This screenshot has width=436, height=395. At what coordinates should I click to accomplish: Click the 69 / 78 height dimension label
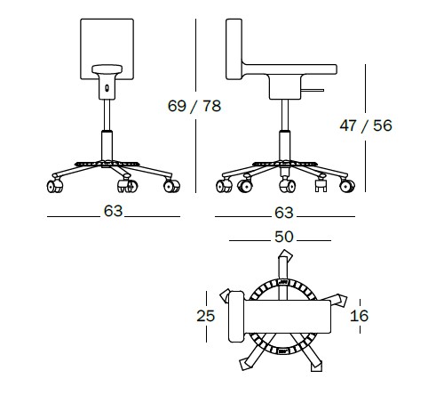point(194,106)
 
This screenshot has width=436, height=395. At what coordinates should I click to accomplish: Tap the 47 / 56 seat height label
point(366,125)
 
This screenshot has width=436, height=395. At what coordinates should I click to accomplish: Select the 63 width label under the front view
point(113,211)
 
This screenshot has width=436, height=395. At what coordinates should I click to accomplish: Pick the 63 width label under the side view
point(284,213)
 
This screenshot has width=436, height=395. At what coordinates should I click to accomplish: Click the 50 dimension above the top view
point(284,237)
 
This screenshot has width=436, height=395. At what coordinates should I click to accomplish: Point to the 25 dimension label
point(206,316)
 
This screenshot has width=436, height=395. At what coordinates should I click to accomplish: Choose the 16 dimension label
point(359,316)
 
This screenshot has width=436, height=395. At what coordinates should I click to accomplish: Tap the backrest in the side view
point(234,49)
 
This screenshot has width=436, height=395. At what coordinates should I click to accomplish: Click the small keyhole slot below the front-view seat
point(107,88)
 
